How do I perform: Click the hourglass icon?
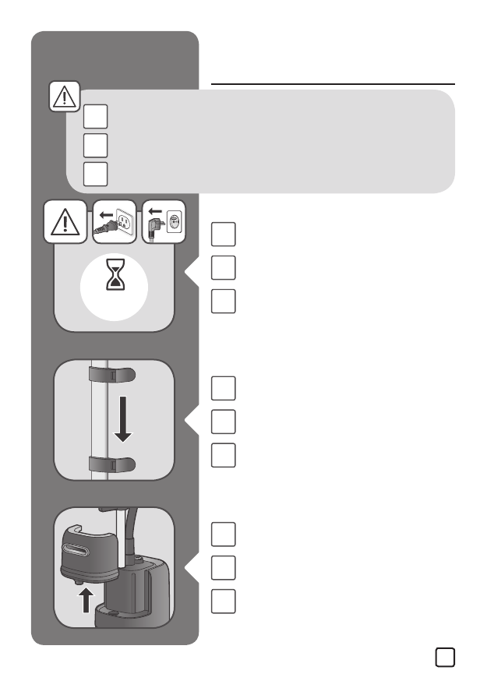[x=113, y=277]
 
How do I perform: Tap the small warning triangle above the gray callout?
[x=65, y=97]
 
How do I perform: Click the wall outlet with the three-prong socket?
[x=122, y=223]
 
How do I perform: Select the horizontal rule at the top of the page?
[x=333, y=83]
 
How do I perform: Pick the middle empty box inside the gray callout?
[x=95, y=145]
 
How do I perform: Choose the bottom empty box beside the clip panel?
[x=223, y=455]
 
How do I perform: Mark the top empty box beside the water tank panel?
[x=223, y=534]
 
